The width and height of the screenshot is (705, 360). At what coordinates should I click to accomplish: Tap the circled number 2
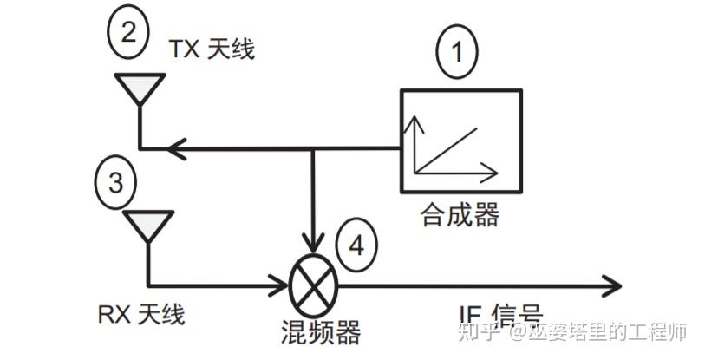[127, 32]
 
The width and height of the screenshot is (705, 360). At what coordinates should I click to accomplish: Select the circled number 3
[115, 182]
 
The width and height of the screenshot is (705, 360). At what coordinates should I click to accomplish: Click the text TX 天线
[212, 49]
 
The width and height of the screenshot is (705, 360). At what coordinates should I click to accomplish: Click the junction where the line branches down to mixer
[314, 149]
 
